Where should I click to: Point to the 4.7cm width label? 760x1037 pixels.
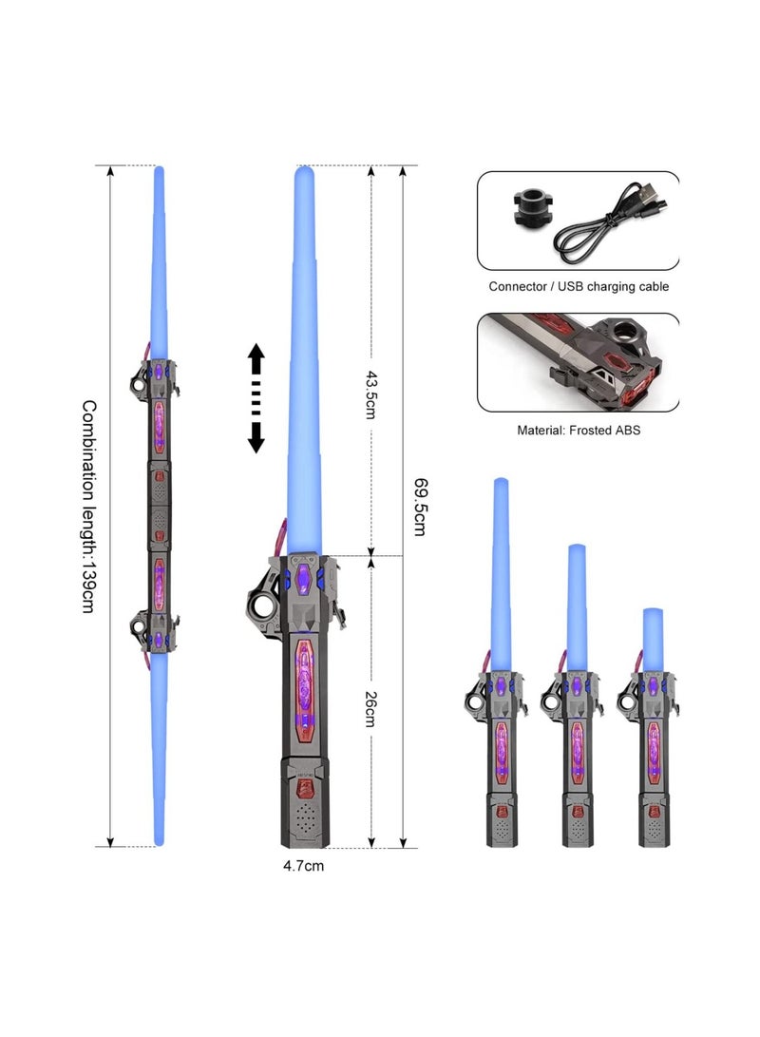pos(303,866)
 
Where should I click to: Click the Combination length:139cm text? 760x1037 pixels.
pos(87,506)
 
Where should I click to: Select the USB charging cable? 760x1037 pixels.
pos(617,223)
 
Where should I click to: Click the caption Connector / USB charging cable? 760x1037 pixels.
pos(579,286)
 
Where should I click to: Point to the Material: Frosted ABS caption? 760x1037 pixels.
pos(579,430)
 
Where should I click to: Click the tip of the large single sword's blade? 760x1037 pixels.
pos(304,173)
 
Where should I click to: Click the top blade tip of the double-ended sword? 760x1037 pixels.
pos(159,172)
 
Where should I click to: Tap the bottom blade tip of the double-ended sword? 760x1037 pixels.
pos(159,840)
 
